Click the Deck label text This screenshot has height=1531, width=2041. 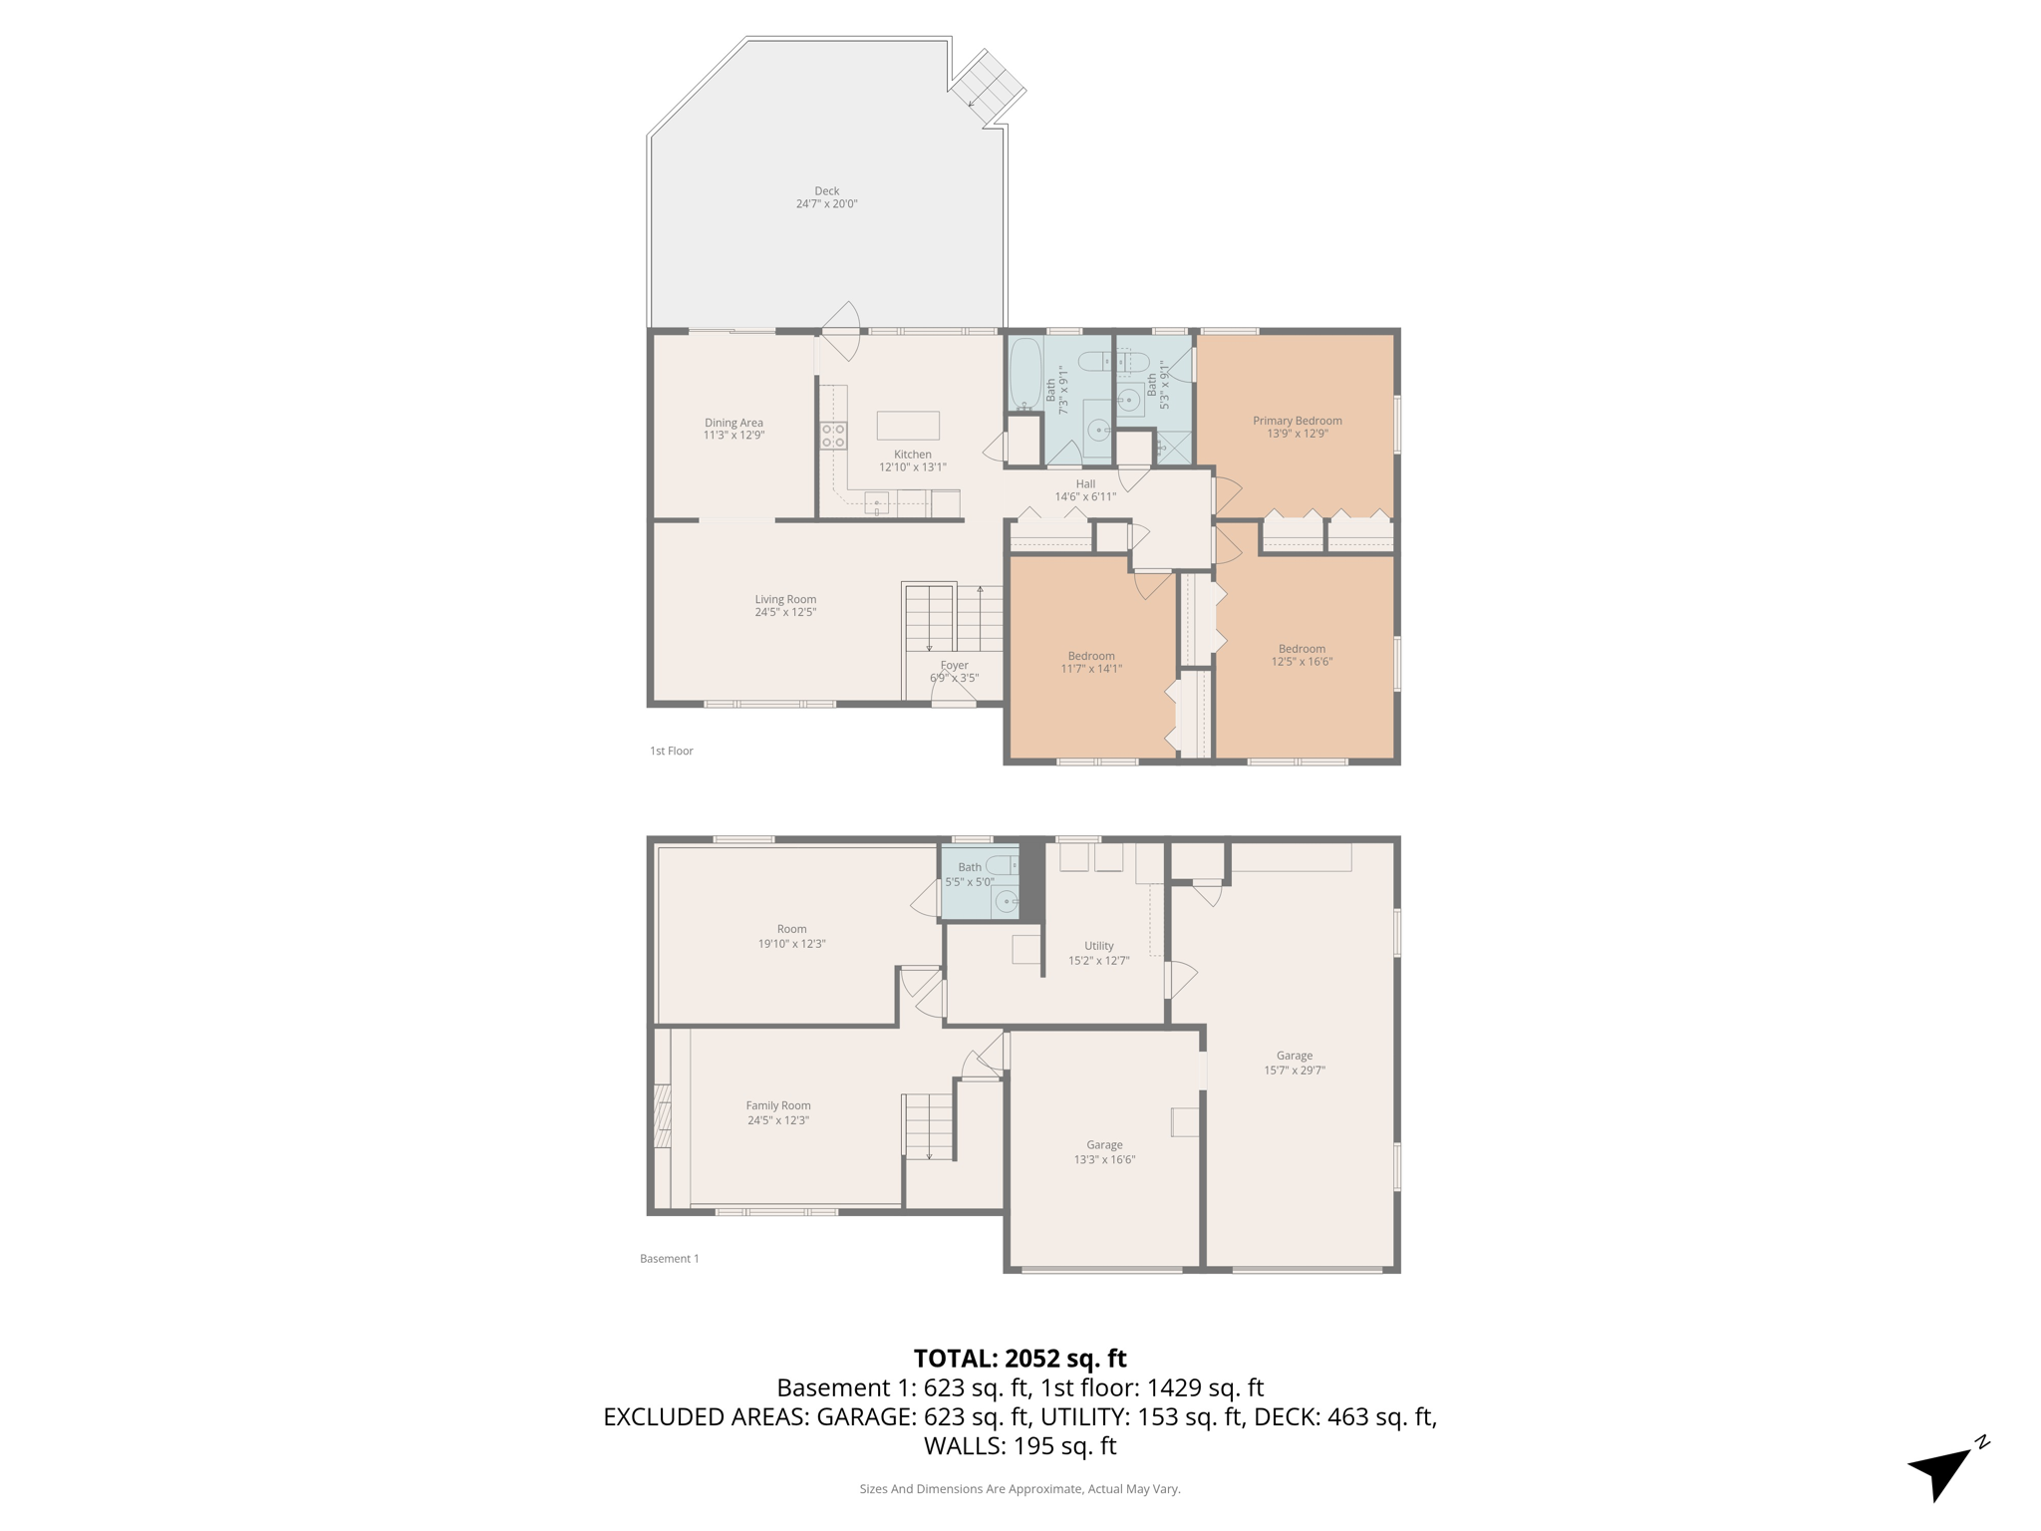(x=826, y=191)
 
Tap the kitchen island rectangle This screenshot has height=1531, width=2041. (x=907, y=426)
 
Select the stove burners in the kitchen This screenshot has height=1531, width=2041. (x=833, y=436)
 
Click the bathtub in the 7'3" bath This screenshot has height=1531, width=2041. (x=1024, y=375)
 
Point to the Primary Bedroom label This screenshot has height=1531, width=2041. (x=1297, y=421)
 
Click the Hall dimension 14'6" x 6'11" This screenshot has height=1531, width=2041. (x=1085, y=496)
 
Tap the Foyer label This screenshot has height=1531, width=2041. (x=954, y=665)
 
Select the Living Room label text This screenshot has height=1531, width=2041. (x=785, y=599)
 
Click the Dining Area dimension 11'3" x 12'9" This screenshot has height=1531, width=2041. (x=733, y=436)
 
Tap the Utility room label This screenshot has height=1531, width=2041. (x=1098, y=946)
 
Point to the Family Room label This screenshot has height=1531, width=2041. (x=778, y=1105)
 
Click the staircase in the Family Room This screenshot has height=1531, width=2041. (x=929, y=1126)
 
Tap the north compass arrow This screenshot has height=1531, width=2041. (x=1941, y=1471)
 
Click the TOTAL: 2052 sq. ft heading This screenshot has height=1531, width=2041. (x=1020, y=1359)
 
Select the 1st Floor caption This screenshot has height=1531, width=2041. (x=671, y=751)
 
